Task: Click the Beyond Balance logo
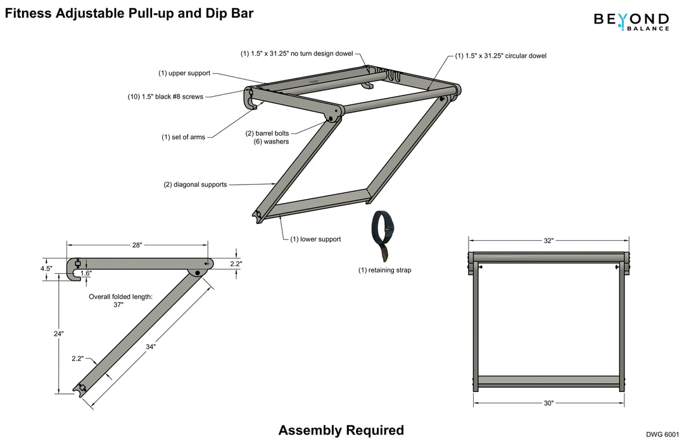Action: point(631,21)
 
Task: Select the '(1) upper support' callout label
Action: point(184,73)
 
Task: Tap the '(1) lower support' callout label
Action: point(315,239)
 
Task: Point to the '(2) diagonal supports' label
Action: point(195,185)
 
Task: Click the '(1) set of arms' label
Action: point(183,137)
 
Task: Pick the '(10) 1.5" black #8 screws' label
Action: point(166,97)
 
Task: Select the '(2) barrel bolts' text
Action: point(267,133)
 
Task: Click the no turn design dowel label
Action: point(296,54)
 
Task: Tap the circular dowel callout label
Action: point(500,56)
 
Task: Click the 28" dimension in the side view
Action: point(137,245)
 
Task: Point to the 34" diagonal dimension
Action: point(150,347)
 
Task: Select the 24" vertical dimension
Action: point(58,333)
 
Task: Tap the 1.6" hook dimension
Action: point(85,273)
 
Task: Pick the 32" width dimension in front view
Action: point(548,241)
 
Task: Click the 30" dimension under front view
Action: point(548,403)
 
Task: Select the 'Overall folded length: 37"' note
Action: point(120,300)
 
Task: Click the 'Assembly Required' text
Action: point(341,431)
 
